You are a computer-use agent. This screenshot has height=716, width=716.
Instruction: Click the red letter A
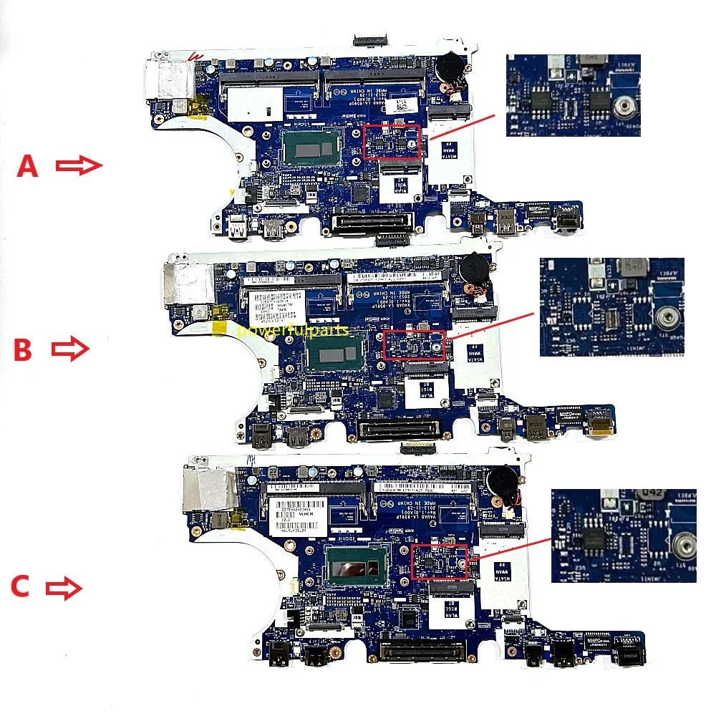point(27,167)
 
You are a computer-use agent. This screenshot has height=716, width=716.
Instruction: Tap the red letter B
point(24,350)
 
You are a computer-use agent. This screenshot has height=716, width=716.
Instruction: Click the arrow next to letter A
point(79,166)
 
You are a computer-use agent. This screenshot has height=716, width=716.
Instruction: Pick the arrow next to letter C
point(64,589)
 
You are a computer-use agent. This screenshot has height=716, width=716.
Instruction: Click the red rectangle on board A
point(392,141)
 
